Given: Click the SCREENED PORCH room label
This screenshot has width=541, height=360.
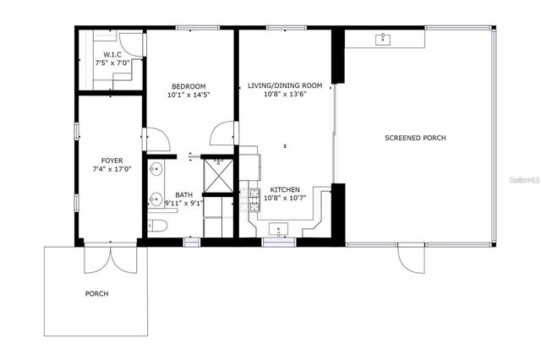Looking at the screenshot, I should tap(415, 138).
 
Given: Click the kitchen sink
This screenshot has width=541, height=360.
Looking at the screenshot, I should tap(279, 228).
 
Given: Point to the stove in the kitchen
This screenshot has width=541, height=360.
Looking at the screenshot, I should tap(253, 201).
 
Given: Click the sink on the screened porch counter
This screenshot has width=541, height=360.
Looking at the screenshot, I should tap(382, 38).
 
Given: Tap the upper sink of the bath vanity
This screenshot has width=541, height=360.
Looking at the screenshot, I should tap(156, 170).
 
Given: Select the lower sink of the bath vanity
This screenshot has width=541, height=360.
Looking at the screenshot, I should tap(156, 200).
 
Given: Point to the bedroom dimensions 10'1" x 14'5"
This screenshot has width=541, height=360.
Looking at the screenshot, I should tap(189, 95).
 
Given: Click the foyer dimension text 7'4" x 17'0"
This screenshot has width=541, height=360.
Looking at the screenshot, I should tap(112, 168).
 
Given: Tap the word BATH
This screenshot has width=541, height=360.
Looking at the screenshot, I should tap(183, 195).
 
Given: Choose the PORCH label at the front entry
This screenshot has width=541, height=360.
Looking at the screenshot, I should tap(96, 293).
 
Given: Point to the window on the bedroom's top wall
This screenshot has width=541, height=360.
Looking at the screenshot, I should tap(192, 29).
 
